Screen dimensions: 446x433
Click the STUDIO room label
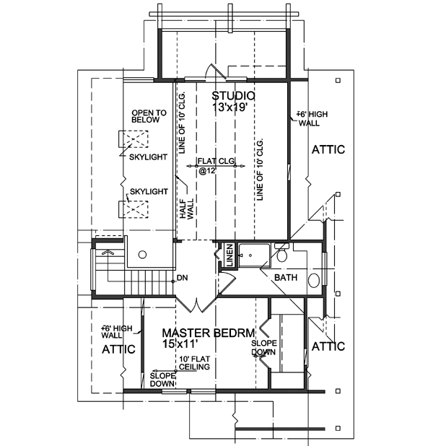tap(234, 96)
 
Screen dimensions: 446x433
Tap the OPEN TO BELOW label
tap(149, 116)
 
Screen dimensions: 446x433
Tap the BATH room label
tap(287, 277)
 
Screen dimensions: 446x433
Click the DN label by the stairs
tap(182, 277)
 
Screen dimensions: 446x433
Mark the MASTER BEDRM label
tap(209, 333)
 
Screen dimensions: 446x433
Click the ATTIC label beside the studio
tap(328, 149)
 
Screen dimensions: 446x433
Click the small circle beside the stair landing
tap(142, 254)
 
